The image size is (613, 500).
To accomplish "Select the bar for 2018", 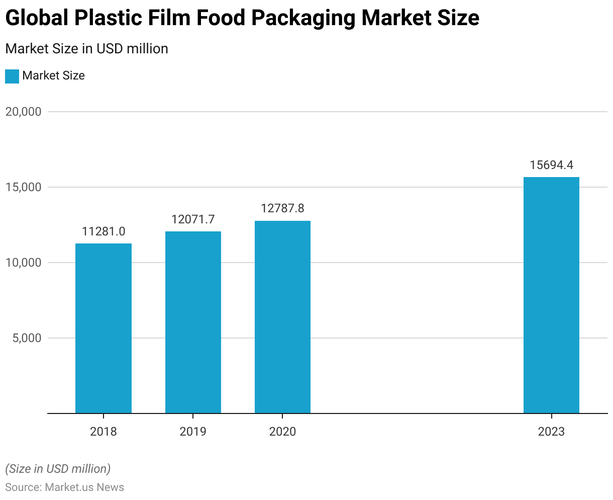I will click(104, 328).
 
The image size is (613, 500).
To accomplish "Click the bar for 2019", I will click(193, 322).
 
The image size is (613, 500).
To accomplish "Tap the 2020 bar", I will click(282, 317).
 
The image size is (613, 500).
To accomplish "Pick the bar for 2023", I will click(551, 295).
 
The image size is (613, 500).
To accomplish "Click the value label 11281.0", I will click(104, 231).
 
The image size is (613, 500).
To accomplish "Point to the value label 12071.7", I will click(193, 219).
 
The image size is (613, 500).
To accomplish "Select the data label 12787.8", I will click(282, 208).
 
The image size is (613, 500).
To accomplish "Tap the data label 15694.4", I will click(551, 165).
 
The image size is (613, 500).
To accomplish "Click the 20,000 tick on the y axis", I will click(23, 112).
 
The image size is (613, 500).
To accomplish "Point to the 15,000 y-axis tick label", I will click(23, 187).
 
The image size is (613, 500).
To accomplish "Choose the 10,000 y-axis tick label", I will click(23, 263).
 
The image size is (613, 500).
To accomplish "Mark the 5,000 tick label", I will click(27, 338).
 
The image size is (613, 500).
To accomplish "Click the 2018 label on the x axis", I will click(104, 432).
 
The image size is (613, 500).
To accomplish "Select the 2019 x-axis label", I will click(193, 432).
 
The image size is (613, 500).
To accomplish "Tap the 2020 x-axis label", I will click(282, 432).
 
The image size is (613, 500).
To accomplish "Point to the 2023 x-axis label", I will click(551, 432).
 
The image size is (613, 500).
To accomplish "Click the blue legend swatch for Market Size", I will click(12, 76).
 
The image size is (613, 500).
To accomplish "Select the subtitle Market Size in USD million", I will click(86, 49).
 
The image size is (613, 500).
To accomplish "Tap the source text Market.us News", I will click(84, 487).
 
